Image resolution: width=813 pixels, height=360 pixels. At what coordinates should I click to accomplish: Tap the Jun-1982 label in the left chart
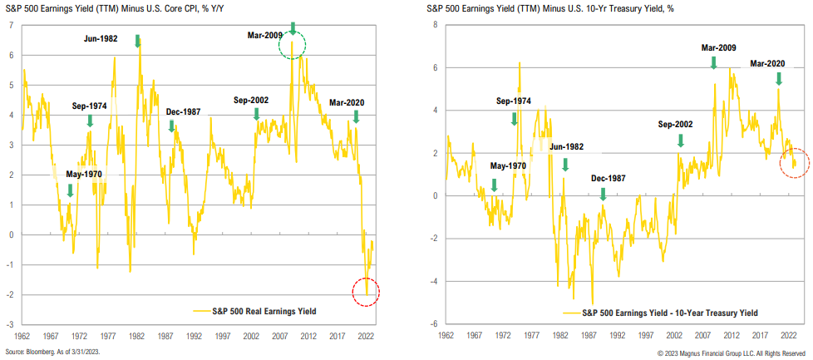click(106, 38)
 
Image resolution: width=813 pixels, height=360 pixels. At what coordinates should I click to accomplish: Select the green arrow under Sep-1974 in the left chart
click(89, 121)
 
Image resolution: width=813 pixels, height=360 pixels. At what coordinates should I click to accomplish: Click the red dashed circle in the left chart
click(367, 293)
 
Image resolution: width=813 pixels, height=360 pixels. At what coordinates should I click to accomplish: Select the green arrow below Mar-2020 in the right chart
click(779, 78)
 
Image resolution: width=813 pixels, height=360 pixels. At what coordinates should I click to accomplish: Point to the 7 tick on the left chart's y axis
click(11, 25)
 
